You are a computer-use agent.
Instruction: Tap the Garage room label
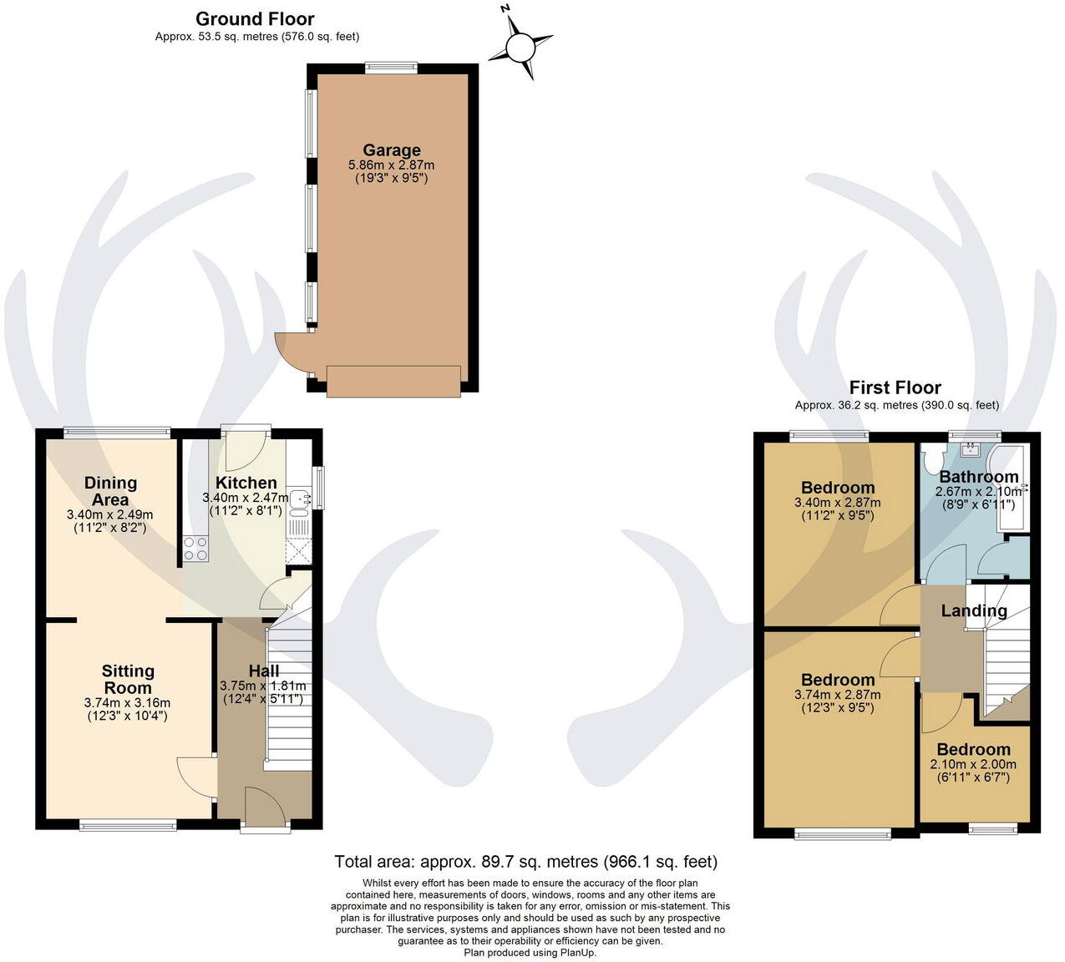[x=391, y=150]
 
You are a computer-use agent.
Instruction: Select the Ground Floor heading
[x=255, y=18]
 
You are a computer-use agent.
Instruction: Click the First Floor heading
[x=895, y=387]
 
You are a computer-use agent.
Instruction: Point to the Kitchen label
[x=246, y=483]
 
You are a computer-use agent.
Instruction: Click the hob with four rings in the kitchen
[x=195, y=548]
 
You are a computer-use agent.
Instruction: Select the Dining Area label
[x=110, y=491]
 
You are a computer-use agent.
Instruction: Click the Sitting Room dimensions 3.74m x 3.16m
[x=128, y=703]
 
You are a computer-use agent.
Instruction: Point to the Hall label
[x=264, y=671]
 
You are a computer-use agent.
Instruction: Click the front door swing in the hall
[x=263, y=806]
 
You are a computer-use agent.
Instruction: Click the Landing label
[x=974, y=610]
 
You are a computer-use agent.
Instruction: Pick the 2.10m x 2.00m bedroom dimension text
[x=973, y=764]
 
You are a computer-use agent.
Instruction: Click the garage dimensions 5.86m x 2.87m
[x=391, y=165]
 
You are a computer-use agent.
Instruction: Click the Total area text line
[x=525, y=861]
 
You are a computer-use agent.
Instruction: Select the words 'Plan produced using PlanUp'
[x=530, y=952]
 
